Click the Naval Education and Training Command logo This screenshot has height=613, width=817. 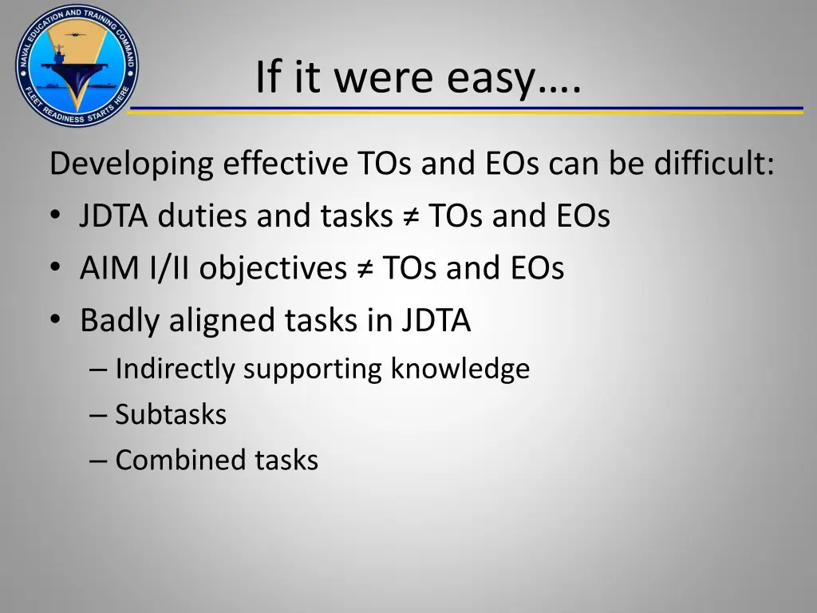77,65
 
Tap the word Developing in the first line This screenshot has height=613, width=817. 132,165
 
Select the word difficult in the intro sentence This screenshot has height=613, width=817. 713,164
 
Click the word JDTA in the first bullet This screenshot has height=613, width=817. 114,216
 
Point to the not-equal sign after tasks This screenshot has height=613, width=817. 409,217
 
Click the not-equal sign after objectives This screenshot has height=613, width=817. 363,269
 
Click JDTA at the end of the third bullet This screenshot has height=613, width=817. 436,321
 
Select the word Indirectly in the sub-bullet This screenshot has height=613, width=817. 175,369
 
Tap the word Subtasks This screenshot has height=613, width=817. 171,414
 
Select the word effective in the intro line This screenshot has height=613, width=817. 285,164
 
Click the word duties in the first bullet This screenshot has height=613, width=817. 203,216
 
